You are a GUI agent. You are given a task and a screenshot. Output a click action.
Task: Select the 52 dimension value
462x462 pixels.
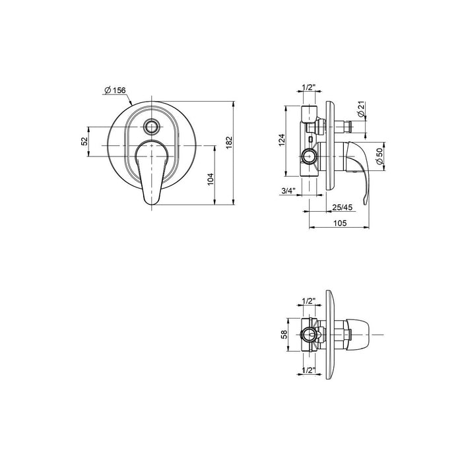[x=84, y=141]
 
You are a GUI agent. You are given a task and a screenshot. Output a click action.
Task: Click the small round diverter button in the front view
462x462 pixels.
[x=152, y=127]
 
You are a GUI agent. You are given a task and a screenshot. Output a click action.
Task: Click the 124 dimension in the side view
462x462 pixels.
[x=281, y=140]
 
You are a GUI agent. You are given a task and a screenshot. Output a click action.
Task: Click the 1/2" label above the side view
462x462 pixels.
[x=308, y=88]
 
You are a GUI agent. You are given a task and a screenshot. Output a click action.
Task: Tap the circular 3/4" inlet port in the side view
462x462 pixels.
[x=308, y=157]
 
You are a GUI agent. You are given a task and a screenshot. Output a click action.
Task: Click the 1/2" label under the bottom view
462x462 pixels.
[x=307, y=370]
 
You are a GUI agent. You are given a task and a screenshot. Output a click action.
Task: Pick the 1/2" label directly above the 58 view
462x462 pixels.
[x=307, y=302]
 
